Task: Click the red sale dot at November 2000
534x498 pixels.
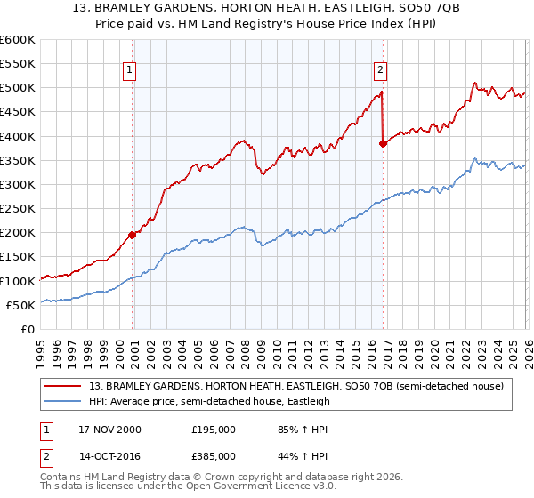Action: click(133, 235)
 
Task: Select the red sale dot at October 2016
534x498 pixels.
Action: click(383, 143)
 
